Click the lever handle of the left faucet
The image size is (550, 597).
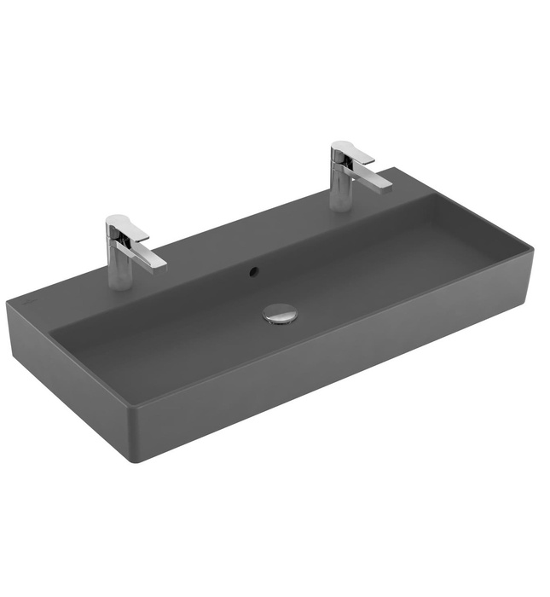click(127, 224)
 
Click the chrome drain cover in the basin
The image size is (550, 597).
click(280, 313)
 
